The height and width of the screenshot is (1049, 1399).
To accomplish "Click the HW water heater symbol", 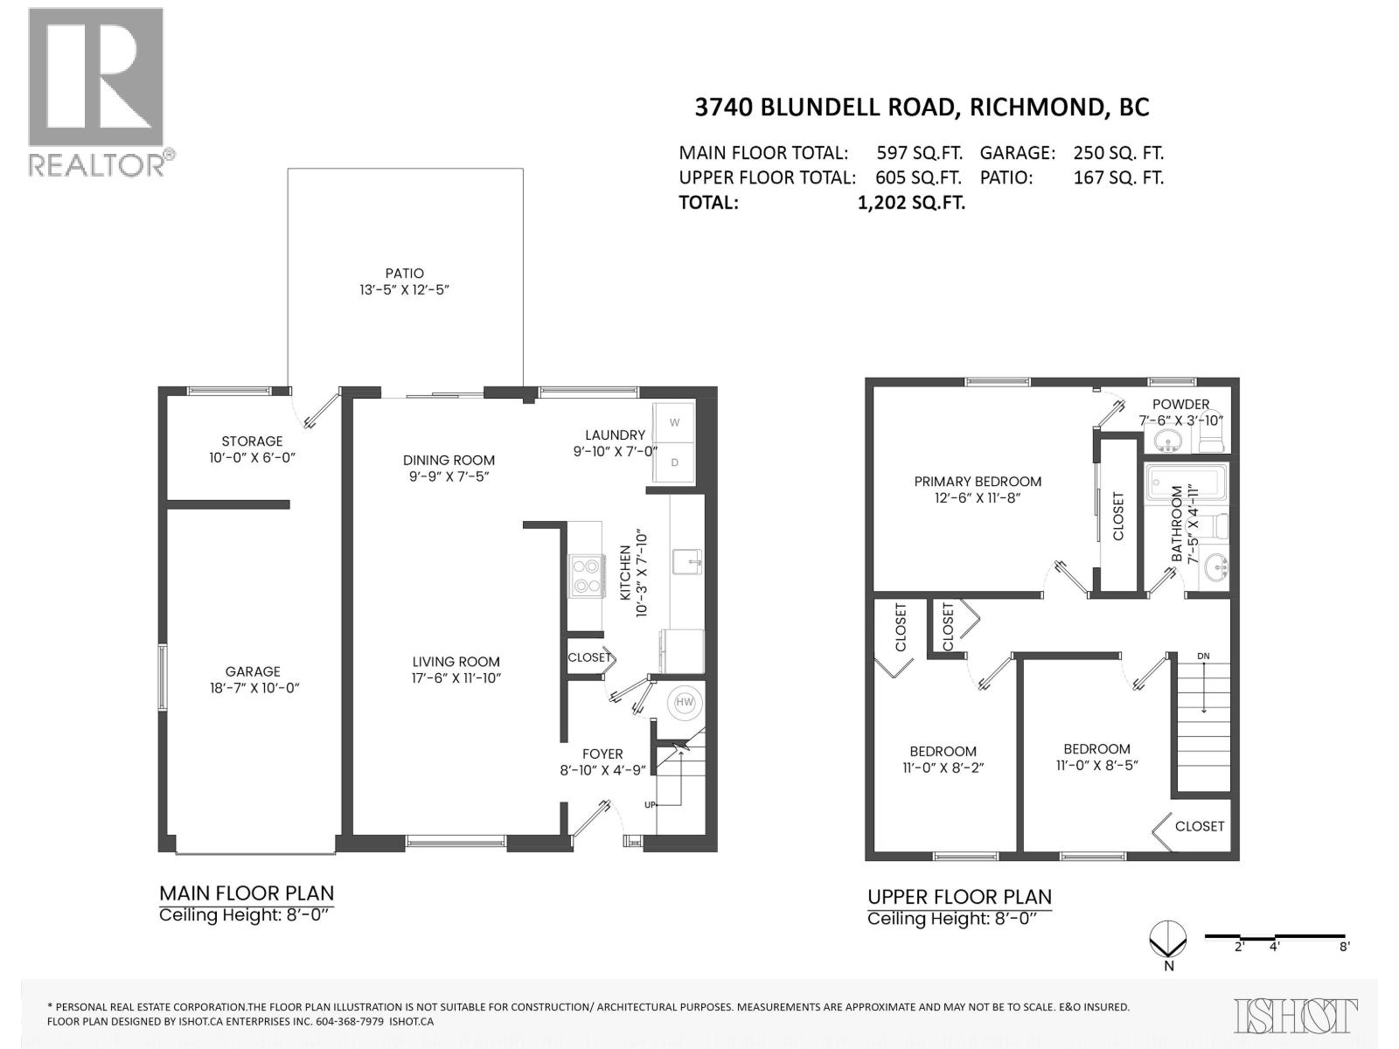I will tap(685, 702).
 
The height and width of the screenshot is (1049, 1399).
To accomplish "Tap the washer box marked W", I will tap(674, 423).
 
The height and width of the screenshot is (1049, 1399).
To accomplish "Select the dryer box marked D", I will tap(674, 462).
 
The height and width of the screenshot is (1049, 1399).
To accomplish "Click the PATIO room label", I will tap(403, 274).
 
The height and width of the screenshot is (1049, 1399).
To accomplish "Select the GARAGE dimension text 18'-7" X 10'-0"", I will tap(253, 688).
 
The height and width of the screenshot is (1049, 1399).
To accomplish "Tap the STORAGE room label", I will tap(252, 441).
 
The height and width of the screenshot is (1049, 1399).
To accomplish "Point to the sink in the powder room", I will tap(1168, 442).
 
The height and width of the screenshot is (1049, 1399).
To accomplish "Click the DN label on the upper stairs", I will tap(1204, 656).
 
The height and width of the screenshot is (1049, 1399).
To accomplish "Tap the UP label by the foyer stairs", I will tap(650, 805).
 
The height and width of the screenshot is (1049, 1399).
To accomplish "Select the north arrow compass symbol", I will tap(1168, 941).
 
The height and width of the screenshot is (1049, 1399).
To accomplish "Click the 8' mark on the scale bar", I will tap(1344, 946).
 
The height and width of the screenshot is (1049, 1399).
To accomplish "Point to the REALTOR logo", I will tap(97, 92).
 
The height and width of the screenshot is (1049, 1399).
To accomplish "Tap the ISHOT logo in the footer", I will tap(1296, 1016).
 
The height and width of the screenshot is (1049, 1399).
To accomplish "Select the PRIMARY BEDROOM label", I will tap(978, 482).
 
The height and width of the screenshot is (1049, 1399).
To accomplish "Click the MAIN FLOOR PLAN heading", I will tap(247, 893).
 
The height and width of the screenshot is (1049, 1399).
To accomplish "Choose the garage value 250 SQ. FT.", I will tap(1118, 153).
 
